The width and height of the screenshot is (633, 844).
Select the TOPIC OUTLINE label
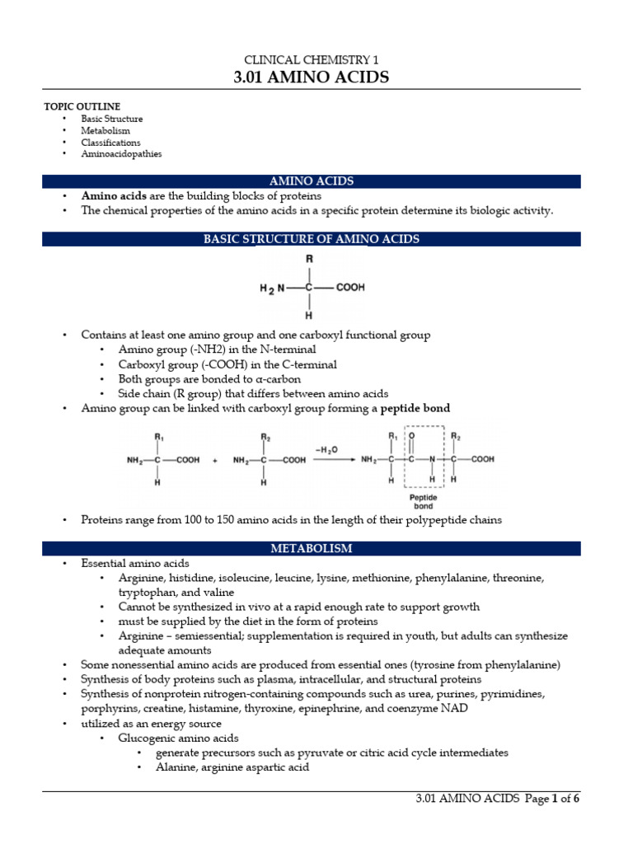coord(82,106)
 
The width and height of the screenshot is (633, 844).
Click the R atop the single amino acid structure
coord(309,259)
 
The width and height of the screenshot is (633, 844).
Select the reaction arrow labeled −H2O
coord(334,460)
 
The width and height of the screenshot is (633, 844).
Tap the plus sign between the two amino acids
coord(216,460)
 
